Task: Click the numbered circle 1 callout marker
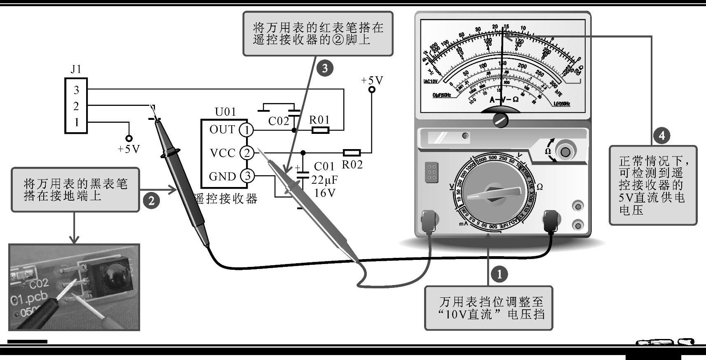[x=500, y=274]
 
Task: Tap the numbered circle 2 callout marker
[x=151, y=201]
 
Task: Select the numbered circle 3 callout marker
[x=325, y=68]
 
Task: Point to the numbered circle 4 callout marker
[x=661, y=135]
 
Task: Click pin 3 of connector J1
[x=76, y=90]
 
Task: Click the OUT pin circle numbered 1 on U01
[x=246, y=130]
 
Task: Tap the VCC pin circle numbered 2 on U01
[x=246, y=153]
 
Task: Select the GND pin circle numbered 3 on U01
[x=247, y=176]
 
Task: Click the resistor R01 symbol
[x=320, y=130]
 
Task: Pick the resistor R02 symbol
[x=352, y=153]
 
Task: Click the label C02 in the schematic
[x=279, y=121]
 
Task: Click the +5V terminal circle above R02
[x=372, y=89]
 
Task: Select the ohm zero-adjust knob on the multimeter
[x=565, y=152]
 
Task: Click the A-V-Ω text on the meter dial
[x=504, y=100]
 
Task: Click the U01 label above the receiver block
[x=225, y=112]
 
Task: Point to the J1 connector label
[x=76, y=69]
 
